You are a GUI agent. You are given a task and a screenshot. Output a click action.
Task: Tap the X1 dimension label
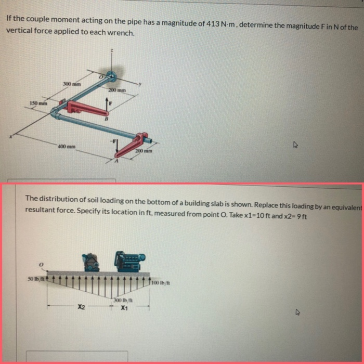124,307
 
